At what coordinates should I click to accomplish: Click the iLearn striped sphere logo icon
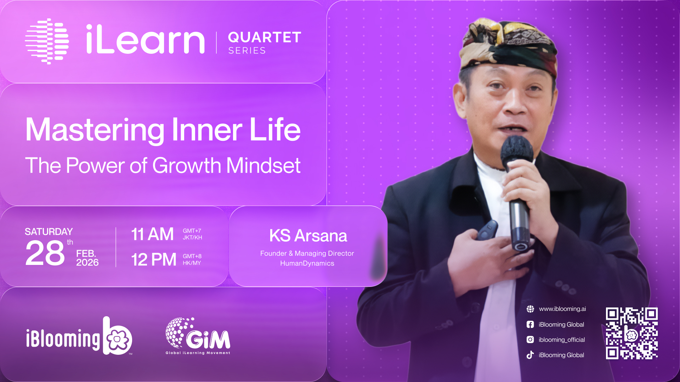click(47, 41)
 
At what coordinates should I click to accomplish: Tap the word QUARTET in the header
click(265, 37)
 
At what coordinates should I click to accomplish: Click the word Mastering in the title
click(95, 130)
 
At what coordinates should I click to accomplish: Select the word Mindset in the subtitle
click(263, 166)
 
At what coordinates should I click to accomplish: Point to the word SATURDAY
click(49, 232)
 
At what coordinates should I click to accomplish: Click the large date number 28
click(45, 253)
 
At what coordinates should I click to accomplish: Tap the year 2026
click(87, 262)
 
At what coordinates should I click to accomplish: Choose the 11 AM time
click(152, 234)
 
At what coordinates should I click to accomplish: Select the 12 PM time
click(154, 260)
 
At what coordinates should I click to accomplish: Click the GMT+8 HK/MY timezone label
click(192, 260)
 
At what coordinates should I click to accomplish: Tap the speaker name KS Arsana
click(308, 236)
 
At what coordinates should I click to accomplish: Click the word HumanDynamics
click(307, 263)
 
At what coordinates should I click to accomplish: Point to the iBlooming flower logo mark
click(118, 336)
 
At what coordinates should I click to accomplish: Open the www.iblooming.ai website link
click(562, 309)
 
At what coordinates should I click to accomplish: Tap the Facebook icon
click(530, 324)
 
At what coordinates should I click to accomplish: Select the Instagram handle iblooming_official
click(562, 340)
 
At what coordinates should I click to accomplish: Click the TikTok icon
click(530, 355)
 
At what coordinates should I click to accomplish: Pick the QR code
click(632, 333)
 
